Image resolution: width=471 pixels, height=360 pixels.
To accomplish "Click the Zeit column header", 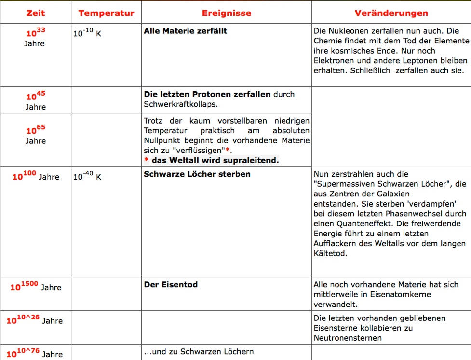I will [35, 13].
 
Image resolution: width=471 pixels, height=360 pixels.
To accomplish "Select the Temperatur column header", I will [106, 13].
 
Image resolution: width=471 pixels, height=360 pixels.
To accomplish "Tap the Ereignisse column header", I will [226, 13].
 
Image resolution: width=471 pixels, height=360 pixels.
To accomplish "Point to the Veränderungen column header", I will [391, 13].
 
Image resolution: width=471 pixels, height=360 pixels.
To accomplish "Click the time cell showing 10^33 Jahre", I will [35, 38].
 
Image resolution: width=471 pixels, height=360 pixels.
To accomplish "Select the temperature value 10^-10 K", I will [87, 34].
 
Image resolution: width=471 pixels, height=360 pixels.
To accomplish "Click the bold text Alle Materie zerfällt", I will [185, 31].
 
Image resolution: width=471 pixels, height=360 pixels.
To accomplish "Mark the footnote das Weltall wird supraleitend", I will [215, 160].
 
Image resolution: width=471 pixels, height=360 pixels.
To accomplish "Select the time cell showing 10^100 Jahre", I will [36, 176].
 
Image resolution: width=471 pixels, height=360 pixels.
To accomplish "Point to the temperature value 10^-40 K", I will [87, 176].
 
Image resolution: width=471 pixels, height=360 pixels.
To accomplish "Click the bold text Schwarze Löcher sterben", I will [197, 174].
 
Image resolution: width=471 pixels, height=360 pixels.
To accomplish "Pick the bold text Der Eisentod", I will [171, 285].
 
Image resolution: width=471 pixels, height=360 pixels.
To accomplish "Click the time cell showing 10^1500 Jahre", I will [36, 287].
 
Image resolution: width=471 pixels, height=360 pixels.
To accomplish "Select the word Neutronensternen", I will [347, 338].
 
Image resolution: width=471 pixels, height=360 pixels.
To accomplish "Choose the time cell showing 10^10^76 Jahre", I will [34, 353].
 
